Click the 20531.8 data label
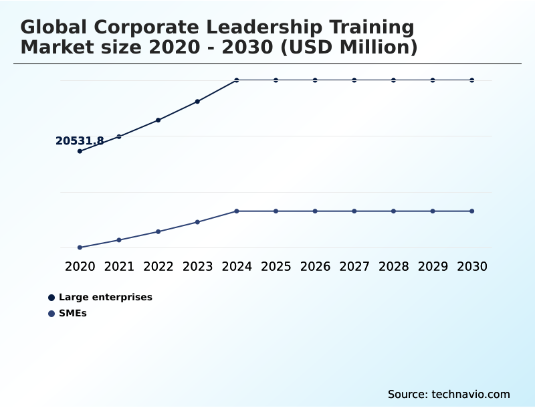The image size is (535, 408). [x=80, y=141]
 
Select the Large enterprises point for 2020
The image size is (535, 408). [x=80, y=151]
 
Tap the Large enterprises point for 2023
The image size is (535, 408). [x=197, y=102]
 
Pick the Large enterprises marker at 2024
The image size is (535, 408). [x=237, y=80]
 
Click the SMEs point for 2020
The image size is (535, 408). [x=80, y=247]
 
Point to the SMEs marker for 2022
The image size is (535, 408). [x=158, y=231]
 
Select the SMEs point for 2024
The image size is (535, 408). [x=237, y=211]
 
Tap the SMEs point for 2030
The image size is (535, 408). [x=472, y=211]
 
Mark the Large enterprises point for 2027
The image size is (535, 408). [x=354, y=80]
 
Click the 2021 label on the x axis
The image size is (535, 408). [x=119, y=266]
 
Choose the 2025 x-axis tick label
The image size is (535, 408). [x=276, y=266]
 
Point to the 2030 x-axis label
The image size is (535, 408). [x=472, y=266]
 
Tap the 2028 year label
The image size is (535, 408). [x=393, y=266]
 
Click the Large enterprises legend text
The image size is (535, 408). [x=106, y=297]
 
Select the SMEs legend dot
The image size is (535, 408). [x=51, y=313]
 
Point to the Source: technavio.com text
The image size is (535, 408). [x=449, y=394]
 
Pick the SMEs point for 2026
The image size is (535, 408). [x=315, y=211]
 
